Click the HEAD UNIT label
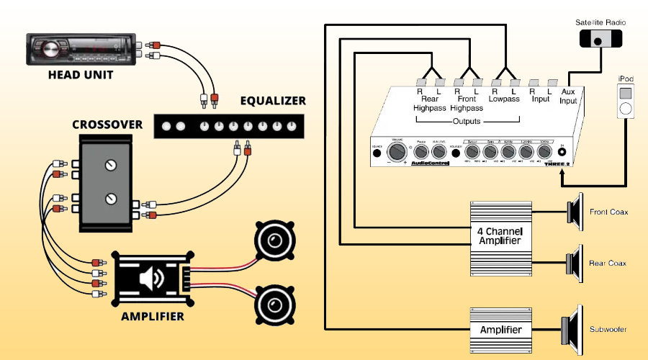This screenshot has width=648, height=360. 80,75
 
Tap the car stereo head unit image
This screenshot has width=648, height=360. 79,49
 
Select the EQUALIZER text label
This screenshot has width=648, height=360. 273,101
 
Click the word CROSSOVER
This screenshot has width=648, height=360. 107,125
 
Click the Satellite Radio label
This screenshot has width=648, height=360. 600,23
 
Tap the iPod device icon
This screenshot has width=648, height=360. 626,102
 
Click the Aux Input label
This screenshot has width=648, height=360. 569,96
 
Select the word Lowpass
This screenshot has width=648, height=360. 503,99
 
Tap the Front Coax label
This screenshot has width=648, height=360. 608,212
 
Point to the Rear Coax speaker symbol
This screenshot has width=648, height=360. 575,263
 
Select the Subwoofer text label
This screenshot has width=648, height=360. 608,330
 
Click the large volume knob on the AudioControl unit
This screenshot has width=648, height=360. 397,152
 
